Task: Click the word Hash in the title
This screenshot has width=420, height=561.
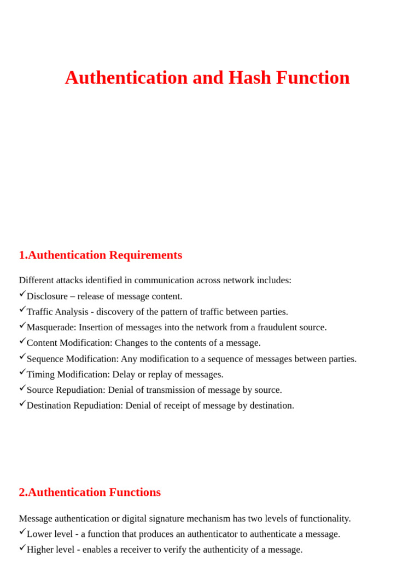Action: pyautogui.click(x=250, y=78)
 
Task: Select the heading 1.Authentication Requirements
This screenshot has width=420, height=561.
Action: pyautogui.click(x=101, y=255)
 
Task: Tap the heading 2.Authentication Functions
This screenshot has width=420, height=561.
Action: pyautogui.click(x=90, y=493)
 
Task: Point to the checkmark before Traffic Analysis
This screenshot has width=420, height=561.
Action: pyautogui.click(x=22, y=310)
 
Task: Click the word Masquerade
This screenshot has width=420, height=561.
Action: pyautogui.click(x=51, y=328)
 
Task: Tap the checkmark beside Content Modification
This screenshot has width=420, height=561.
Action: pyautogui.click(x=22, y=341)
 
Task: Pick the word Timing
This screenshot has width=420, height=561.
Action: pyautogui.click(x=41, y=375)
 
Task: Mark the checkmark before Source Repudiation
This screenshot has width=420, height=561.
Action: pyautogui.click(x=22, y=388)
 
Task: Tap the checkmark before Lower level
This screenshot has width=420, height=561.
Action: pyautogui.click(x=22, y=532)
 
